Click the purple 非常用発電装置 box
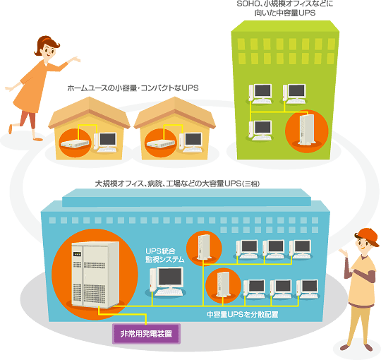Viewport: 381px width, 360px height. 146,333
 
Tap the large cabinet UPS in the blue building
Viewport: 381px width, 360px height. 95,275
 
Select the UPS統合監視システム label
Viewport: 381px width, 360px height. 164,256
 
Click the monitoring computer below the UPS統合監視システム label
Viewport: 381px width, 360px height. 167,282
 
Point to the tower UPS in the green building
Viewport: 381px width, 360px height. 307,130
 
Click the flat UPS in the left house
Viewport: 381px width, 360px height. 75,143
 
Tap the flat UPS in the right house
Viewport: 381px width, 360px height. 161,143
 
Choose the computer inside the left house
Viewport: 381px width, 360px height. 105,143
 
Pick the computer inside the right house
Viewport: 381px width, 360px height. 191,143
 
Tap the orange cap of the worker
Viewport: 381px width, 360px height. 368,236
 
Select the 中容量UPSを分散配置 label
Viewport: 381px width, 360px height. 242,314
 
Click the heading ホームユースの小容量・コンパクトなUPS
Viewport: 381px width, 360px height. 133,88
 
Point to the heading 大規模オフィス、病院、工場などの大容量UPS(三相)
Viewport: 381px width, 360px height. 177,184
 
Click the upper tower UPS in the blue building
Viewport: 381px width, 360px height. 204,247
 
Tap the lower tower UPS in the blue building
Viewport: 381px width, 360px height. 223,284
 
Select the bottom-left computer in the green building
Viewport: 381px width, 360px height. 260,131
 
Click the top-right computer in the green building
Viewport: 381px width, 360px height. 294,94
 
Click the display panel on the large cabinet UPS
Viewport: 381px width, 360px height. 77,254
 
